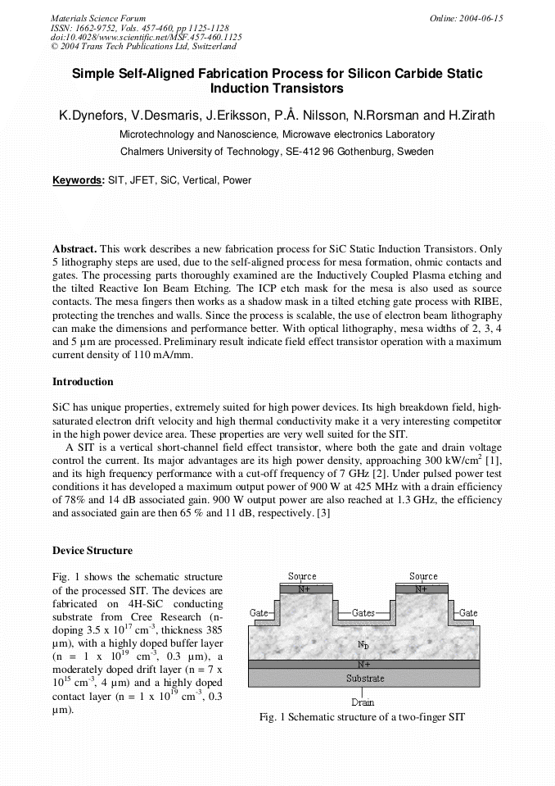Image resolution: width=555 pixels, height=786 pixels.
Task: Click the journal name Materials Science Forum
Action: point(98,18)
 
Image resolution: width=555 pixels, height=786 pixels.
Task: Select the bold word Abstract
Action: point(74,248)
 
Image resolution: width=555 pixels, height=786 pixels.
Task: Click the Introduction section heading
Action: point(83,382)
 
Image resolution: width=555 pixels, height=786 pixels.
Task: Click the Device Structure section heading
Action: point(92,550)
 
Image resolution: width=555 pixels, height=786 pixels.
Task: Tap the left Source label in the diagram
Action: point(302,577)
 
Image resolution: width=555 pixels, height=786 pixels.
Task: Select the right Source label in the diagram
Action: point(423,577)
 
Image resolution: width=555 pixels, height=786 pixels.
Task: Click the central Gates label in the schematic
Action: point(363,613)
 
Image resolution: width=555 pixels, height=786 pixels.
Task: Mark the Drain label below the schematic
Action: point(363,702)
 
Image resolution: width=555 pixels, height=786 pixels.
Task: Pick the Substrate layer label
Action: point(364,679)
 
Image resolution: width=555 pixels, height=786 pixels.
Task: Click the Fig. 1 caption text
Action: point(362,717)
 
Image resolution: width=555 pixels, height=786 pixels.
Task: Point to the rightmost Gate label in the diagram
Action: point(468,613)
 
